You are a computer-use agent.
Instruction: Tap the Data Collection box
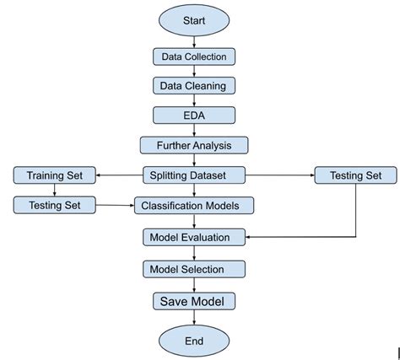pos(194,56)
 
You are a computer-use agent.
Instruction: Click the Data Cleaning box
pos(194,85)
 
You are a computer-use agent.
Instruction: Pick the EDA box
pos(194,115)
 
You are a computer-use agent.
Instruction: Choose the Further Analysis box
pos(194,145)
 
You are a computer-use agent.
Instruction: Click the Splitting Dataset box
pos(194,175)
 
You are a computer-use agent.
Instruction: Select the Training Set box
pos(54,175)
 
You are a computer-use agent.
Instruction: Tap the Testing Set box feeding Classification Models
pos(54,205)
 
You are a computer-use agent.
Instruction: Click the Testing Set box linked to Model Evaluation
pos(354,175)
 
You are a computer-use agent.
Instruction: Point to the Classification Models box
pos(194,205)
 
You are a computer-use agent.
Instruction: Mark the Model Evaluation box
pos(194,237)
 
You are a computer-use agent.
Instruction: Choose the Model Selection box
pos(194,269)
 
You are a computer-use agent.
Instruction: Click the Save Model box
pos(194,300)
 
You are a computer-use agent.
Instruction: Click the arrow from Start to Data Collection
pos(194,42)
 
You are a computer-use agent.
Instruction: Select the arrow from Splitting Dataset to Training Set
pos(118,175)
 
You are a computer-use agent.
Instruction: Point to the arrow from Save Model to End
pos(194,317)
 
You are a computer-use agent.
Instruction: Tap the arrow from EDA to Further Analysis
pos(194,130)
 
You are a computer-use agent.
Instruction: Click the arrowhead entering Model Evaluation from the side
pos(250,237)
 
